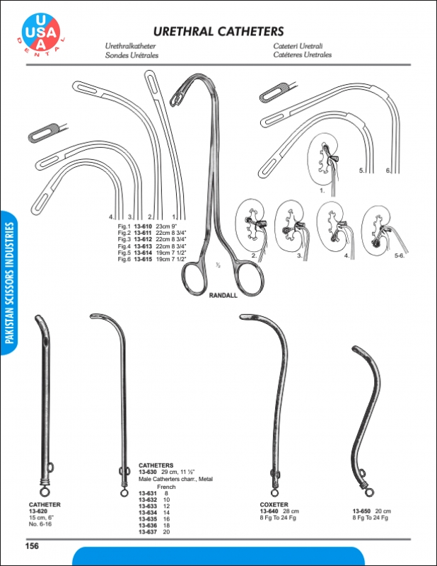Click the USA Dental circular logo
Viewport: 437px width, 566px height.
(41, 33)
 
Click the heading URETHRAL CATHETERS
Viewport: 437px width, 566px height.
(218, 31)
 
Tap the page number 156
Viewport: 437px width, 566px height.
(32, 545)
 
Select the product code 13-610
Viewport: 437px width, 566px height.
(143, 226)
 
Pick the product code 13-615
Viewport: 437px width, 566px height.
(143, 259)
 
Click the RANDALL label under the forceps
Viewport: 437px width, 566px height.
(223, 295)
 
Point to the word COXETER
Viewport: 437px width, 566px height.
(274, 504)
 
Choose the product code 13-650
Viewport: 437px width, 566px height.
(361, 511)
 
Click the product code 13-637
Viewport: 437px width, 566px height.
(148, 532)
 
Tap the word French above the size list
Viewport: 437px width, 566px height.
(166, 487)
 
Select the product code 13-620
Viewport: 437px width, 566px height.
(38, 511)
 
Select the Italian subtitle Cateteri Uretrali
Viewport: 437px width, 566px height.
(298, 46)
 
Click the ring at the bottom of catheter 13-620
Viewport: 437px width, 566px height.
(45, 491)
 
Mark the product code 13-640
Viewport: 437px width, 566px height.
(269, 511)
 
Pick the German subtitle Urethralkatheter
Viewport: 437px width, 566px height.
(130, 46)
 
